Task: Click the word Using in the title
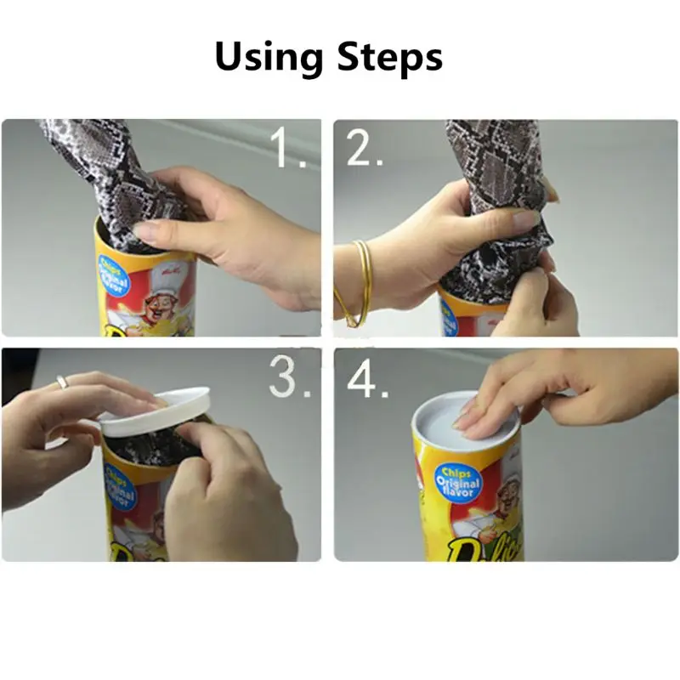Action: point(270,58)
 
